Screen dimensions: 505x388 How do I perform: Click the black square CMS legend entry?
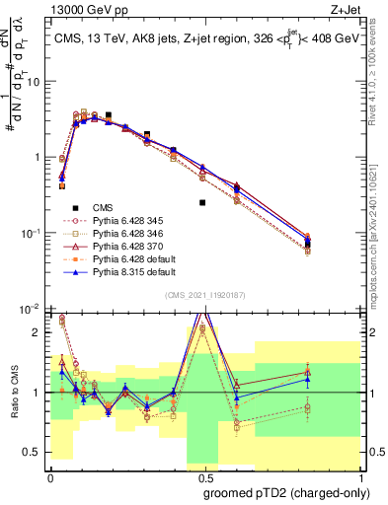point(103,208)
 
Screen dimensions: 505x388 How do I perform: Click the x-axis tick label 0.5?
point(199,477)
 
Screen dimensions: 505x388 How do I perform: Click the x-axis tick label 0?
point(49,477)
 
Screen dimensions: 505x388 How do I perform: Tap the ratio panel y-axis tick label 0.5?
point(33,452)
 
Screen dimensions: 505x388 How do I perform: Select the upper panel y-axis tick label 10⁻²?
point(30,309)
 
